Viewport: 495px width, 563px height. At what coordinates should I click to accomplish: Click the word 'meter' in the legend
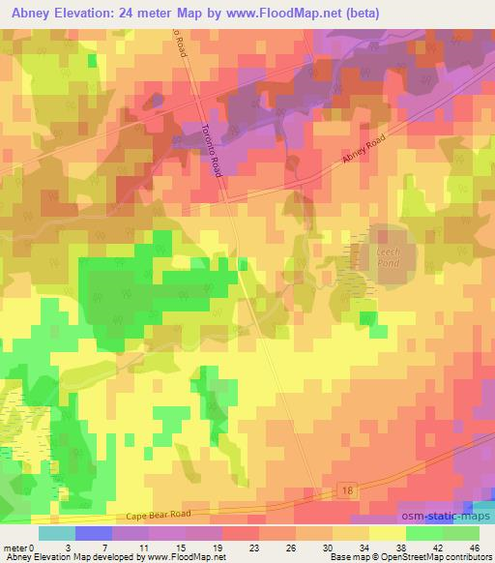(15, 548)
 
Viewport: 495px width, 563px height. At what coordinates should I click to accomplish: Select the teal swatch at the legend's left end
(57, 533)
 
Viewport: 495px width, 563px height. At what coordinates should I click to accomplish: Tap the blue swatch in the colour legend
(94, 533)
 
